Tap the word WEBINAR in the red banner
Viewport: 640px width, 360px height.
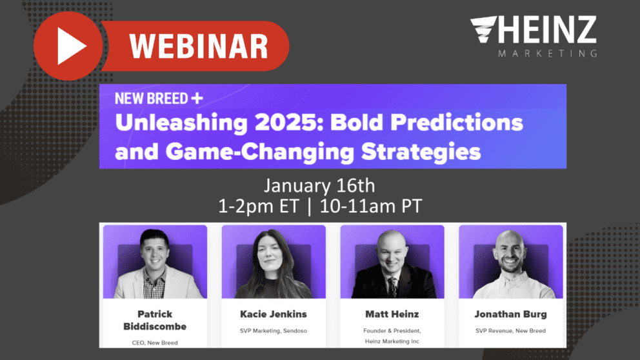point(199,46)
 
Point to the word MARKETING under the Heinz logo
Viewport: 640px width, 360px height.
point(547,54)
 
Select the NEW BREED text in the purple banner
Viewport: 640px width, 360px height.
point(151,99)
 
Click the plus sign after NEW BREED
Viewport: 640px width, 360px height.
point(197,98)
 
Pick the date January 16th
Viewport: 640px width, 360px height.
point(319,186)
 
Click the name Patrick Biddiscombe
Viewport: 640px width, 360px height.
point(154,319)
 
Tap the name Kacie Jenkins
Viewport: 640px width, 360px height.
point(273,314)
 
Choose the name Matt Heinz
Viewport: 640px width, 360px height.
point(392,314)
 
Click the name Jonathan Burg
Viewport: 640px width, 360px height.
point(510,314)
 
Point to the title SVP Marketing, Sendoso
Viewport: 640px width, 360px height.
point(273,331)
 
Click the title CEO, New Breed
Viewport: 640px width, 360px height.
point(154,342)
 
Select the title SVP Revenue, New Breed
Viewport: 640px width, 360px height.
point(510,331)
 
